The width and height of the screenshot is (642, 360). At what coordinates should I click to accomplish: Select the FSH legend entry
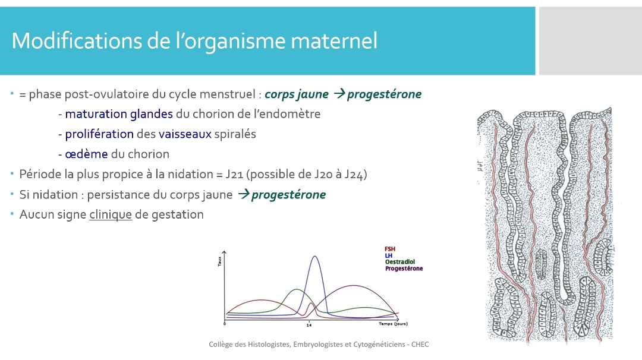[x=390, y=249]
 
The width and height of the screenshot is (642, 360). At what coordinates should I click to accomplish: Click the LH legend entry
[x=389, y=255]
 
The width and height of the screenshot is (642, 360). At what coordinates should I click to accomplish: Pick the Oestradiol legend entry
[x=400, y=262]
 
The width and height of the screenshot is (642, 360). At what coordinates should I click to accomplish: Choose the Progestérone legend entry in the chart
[x=404, y=269]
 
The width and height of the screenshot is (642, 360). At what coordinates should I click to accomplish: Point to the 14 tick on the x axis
[x=309, y=325]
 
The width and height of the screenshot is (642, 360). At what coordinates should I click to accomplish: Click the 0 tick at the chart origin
[x=224, y=324]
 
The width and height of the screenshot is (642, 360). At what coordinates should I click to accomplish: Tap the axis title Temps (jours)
[x=393, y=324]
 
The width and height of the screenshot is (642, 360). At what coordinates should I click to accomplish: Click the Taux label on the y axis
[x=219, y=261]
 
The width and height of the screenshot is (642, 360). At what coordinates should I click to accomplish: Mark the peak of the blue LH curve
[x=314, y=256]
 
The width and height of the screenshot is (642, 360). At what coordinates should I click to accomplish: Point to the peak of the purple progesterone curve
[x=353, y=286]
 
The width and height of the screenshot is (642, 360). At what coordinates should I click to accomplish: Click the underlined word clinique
[x=111, y=214]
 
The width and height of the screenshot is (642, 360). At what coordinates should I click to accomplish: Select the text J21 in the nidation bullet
[x=234, y=174]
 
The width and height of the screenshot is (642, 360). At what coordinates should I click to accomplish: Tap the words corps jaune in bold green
[x=297, y=94]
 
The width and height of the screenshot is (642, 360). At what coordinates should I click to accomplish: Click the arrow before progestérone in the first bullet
[x=339, y=94]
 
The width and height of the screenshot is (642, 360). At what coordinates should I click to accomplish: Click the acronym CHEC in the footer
[x=420, y=345]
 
